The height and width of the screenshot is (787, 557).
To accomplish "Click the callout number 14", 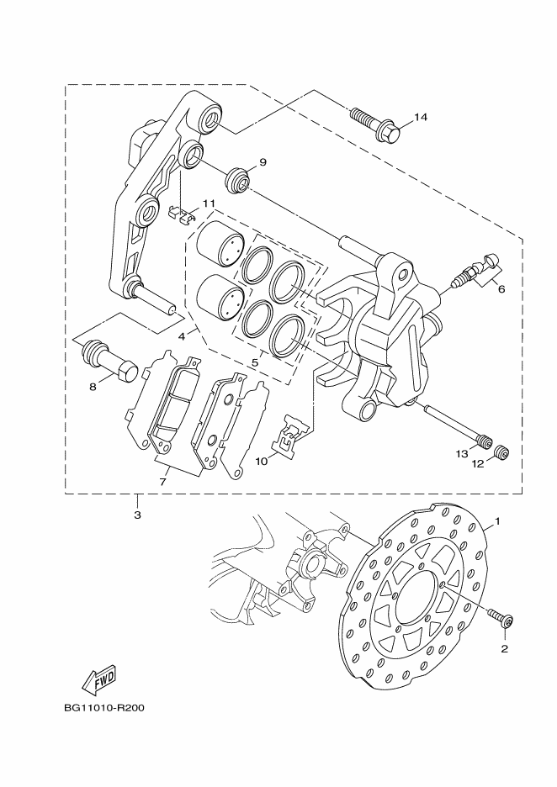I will click(x=421, y=117).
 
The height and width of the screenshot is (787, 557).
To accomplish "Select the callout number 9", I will click(x=263, y=162).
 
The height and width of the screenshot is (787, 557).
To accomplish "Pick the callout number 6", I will click(x=501, y=289).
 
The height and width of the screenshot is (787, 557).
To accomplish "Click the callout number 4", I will click(x=181, y=335).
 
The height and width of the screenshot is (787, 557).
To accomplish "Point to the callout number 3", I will click(x=137, y=514).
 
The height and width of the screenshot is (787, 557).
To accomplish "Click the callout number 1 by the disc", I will click(x=497, y=522).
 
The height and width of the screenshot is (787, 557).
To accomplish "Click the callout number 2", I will click(x=505, y=648).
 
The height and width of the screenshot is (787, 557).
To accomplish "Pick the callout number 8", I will click(x=93, y=387).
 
